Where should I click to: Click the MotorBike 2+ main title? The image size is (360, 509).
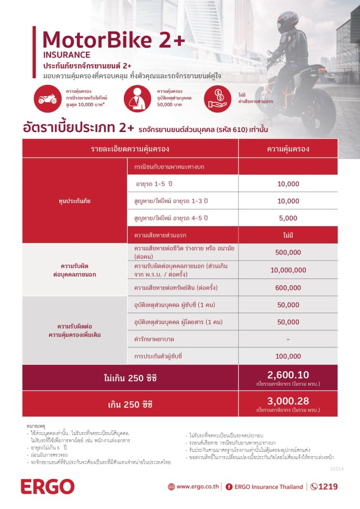point(113,39)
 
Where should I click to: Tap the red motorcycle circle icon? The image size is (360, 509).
point(48,98)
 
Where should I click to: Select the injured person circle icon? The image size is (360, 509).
point(137,98)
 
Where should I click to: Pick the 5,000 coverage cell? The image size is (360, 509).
point(288,218)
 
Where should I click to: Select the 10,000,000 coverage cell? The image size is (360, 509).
point(288,270)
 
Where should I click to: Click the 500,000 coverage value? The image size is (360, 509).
point(288,252)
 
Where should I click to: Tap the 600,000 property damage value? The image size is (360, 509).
point(288,288)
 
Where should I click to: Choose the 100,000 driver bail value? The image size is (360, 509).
point(288,356)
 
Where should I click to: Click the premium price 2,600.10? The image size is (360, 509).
point(288,375)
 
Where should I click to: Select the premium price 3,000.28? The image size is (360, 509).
point(288,401)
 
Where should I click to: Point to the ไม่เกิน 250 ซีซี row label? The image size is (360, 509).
point(130,378)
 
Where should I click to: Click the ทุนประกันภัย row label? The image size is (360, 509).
point(74,201)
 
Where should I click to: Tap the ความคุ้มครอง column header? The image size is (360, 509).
point(288,148)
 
